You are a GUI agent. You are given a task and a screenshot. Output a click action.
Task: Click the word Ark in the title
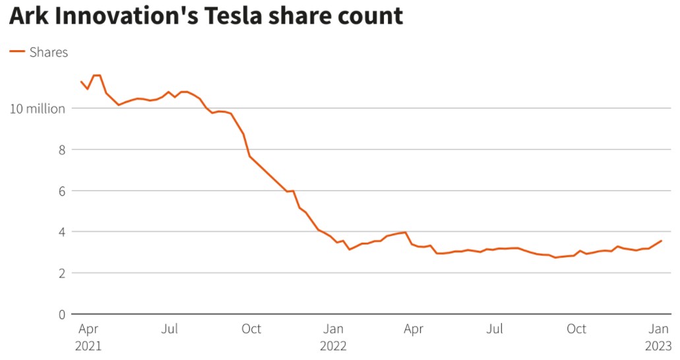tap(28, 16)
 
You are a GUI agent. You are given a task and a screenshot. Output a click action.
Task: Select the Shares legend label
tap(49, 52)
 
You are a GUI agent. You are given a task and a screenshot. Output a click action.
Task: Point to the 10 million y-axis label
tap(37, 109)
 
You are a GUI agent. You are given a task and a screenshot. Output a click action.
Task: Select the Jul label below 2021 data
tap(170, 329)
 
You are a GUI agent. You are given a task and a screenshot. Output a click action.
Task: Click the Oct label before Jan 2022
tap(251, 329)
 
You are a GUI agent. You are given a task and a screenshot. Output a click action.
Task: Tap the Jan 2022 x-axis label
tap(333, 336)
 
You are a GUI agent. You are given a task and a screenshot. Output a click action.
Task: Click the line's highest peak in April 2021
tap(96, 75)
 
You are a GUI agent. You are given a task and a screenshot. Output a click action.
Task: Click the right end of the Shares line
tap(662, 241)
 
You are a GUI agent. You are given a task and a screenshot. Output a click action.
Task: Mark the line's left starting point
tap(80, 82)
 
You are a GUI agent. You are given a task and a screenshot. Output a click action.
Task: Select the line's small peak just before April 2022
tap(406, 232)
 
